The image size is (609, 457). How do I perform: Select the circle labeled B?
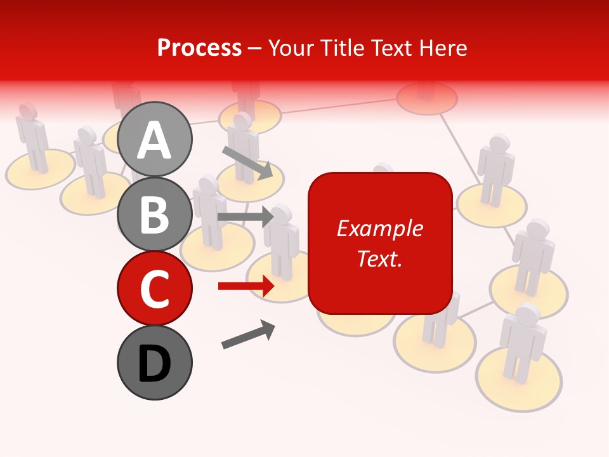(x=155, y=214)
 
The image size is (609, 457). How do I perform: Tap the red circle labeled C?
(x=155, y=288)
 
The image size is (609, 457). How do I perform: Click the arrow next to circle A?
(x=247, y=162)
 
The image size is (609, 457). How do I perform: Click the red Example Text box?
(x=380, y=243)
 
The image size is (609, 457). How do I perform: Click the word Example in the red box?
(x=380, y=228)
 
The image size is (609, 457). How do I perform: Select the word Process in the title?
(x=199, y=48)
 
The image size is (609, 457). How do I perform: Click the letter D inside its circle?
(x=155, y=364)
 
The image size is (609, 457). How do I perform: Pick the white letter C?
(x=155, y=289)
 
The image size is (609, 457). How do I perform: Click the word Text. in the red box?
(x=380, y=258)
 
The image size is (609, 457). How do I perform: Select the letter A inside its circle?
(x=155, y=140)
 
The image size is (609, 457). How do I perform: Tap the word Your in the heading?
(x=291, y=48)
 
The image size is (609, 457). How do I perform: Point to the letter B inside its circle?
(x=155, y=215)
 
